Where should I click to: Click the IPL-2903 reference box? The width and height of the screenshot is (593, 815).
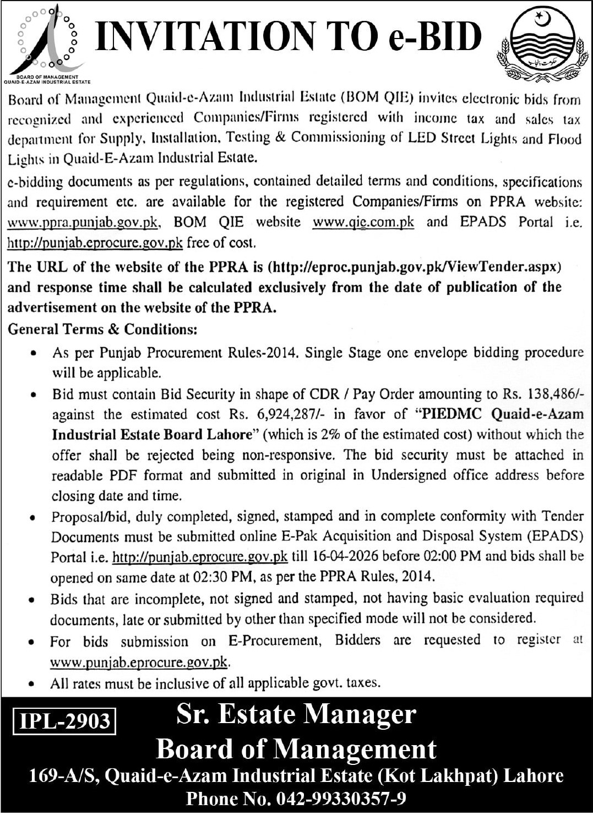pos(65,721)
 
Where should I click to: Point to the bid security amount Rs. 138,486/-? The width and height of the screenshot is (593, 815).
pos(543,394)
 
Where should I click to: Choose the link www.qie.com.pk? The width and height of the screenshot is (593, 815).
pos(363,222)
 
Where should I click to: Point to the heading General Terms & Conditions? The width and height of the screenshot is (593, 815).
pos(102,329)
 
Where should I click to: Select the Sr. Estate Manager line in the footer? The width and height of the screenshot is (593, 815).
pos(296,714)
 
